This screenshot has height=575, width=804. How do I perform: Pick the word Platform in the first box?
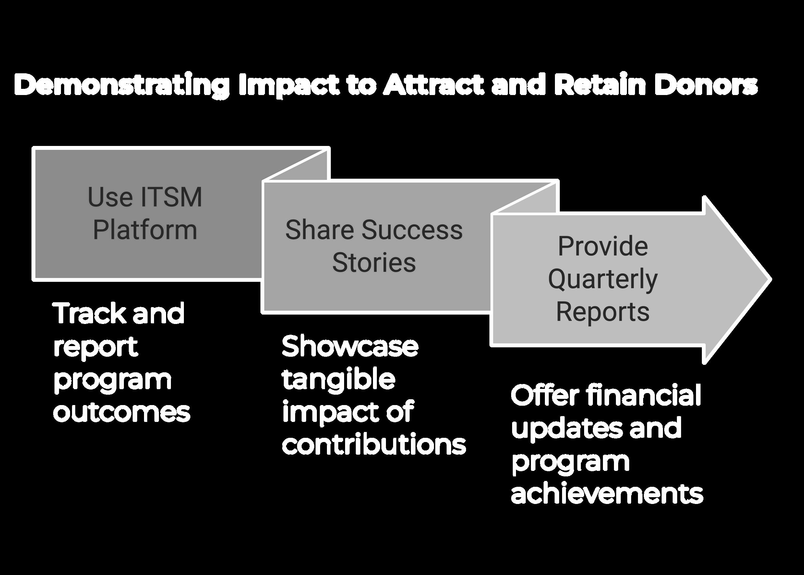[145, 230]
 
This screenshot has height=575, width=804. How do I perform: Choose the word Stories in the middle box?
[374, 263]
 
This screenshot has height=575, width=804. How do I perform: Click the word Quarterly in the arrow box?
[603, 279]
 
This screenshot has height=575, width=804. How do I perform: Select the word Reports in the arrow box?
[603, 312]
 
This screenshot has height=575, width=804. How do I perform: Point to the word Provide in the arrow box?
[603, 246]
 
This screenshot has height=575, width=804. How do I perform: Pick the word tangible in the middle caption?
[339, 379]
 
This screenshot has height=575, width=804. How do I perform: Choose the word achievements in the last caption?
[607, 494]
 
